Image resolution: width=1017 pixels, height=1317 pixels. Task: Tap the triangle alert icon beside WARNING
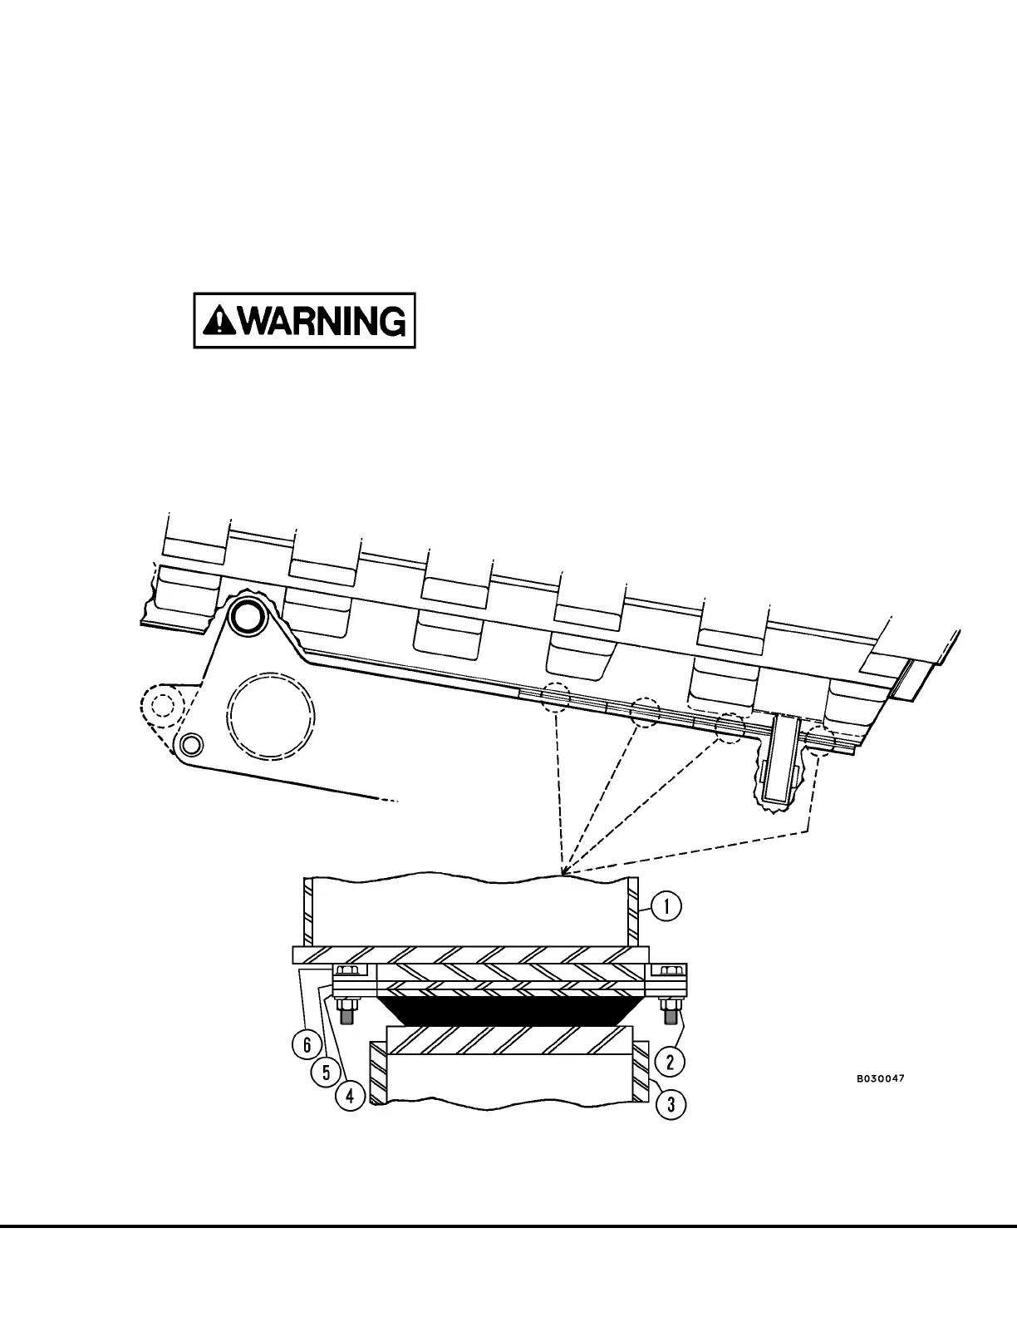[219, 320]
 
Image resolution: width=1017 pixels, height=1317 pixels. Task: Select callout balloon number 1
[666, 906]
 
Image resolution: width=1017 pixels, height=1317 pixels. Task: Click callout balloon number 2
[671, 1061]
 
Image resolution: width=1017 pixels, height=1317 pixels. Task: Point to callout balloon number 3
[671, 1104]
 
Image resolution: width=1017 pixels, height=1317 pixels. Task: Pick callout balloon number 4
[350, 1097]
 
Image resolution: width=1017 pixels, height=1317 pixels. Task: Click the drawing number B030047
[881, 1079]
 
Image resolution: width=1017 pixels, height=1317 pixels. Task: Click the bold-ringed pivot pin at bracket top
[246, 616]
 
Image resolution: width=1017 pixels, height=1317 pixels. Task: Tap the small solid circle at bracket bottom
[191, 742]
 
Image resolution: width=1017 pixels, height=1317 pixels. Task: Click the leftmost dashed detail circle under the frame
[556, 697]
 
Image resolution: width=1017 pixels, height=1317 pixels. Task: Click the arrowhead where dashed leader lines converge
[563, 874]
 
